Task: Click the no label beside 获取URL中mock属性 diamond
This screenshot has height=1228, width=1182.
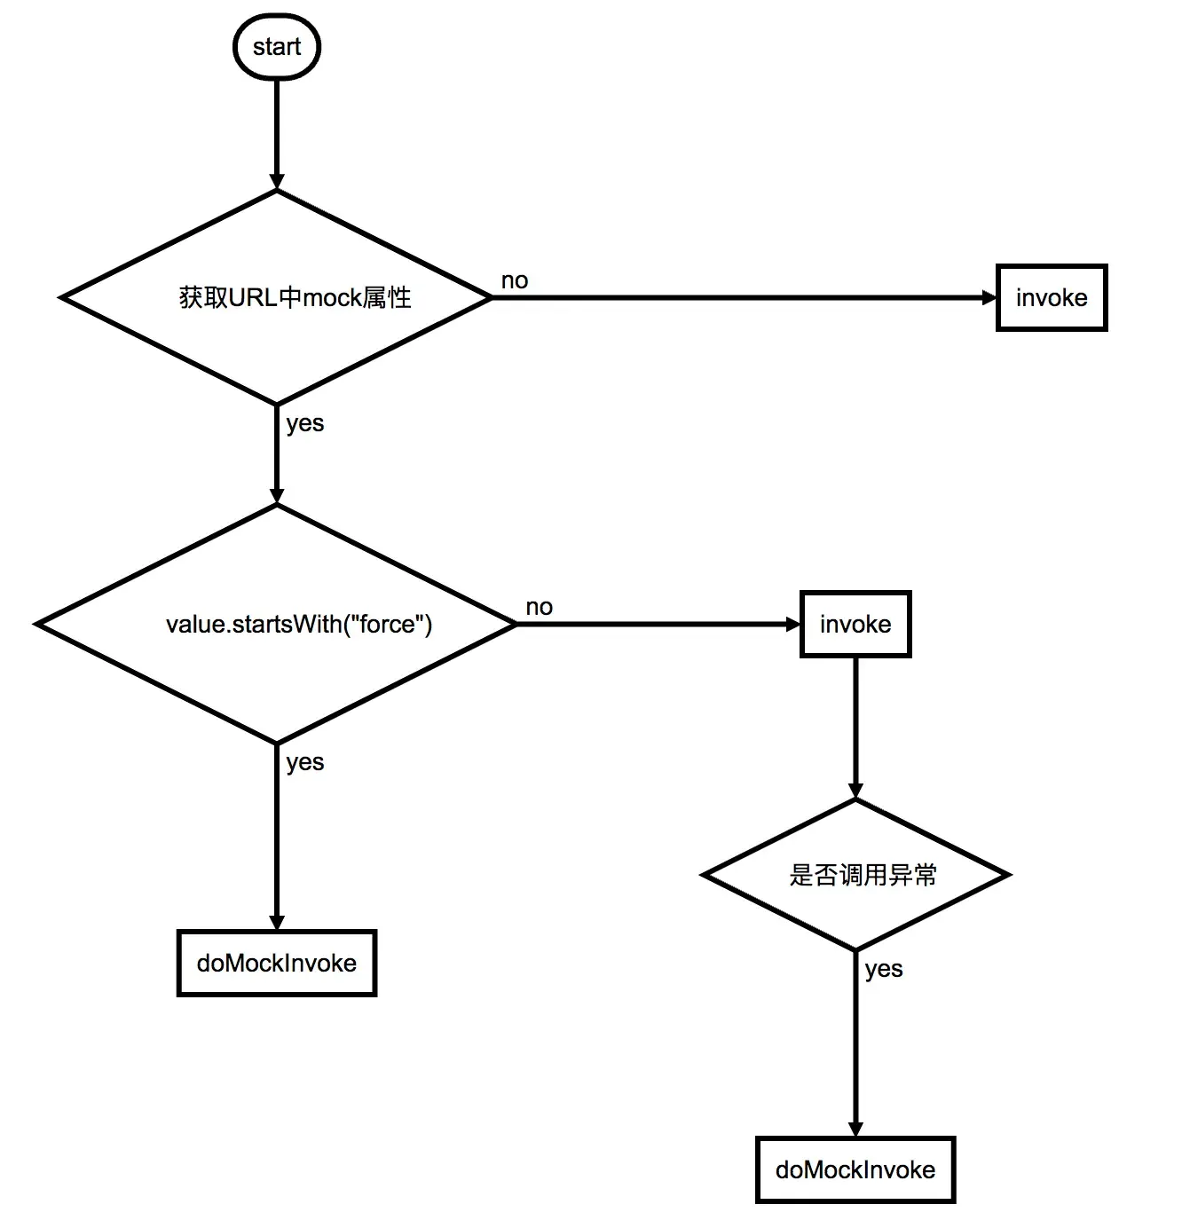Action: click(x=515, y=280)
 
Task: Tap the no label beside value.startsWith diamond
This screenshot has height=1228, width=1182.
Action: click(x=539, y=607)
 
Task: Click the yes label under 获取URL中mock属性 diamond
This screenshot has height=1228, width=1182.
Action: click(x=304, y=423)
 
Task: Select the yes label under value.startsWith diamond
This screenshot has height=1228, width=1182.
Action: click(x=304, y=762)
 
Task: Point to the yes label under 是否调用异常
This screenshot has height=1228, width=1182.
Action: click(x=884, y=969)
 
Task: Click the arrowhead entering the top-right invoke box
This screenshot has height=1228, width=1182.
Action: click(x=989, y=297)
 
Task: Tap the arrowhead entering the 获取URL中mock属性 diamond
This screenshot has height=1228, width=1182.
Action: click(x=276, y=181)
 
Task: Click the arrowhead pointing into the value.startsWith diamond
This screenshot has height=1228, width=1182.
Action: click(x=276, y=496)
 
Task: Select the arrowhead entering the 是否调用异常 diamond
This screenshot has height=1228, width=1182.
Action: click(x=855, y=791)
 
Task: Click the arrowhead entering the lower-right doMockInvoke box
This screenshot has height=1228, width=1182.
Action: click(x=855, y=1130)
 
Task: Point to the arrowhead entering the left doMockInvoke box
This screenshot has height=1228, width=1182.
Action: click(x=276, y=922)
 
